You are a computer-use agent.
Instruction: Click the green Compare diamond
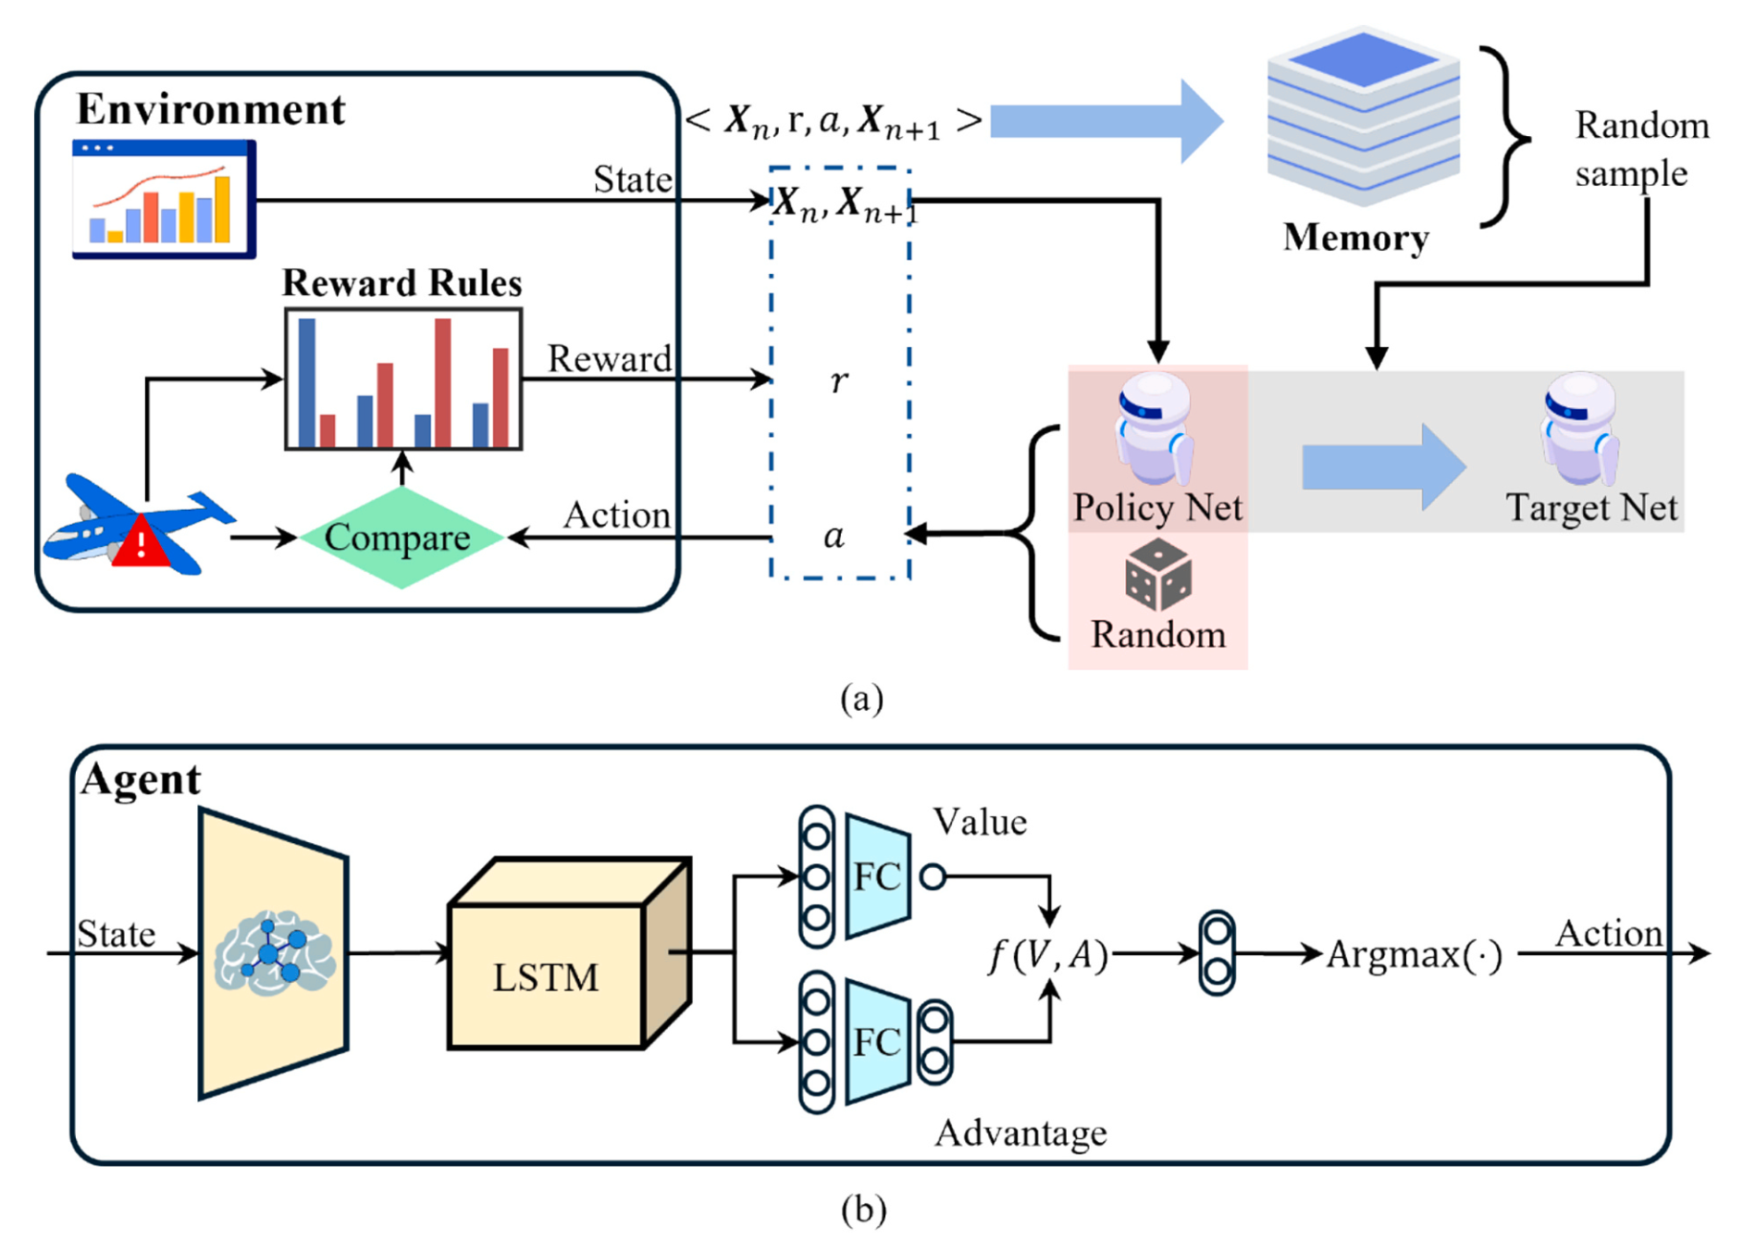click(x=401, y=538)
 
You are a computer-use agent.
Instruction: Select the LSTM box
click(x=569, y=954)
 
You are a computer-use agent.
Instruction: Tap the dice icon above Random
click(x=1158, y=575)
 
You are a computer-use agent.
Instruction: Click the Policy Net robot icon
click(x=1155, y=428)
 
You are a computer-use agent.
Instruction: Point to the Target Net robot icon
click(x=1579, y=428)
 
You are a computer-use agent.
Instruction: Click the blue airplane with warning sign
click(x=139, y=525)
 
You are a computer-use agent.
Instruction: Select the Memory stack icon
click(x=1363, y=117)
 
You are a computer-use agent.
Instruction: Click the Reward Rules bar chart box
click(x=403, y=379)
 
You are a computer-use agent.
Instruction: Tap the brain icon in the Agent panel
click(x=275, y=953)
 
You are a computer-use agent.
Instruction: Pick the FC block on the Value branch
click(x=877, y=875)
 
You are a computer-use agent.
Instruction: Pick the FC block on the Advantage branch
click(x=877, y=1042)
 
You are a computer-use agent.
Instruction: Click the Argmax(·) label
click(x=1415, y=954)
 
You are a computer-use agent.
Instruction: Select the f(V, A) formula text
click(x=1048, y=954)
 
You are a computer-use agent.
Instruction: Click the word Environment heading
click(x=211, y=109)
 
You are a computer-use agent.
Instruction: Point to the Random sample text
click(x=1642, y=149)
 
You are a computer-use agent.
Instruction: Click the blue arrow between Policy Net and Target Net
click(x=1384, y=467)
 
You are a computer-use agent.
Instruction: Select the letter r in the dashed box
click(x=839, y=379)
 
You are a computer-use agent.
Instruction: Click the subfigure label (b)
click(x=863, y=1210)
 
